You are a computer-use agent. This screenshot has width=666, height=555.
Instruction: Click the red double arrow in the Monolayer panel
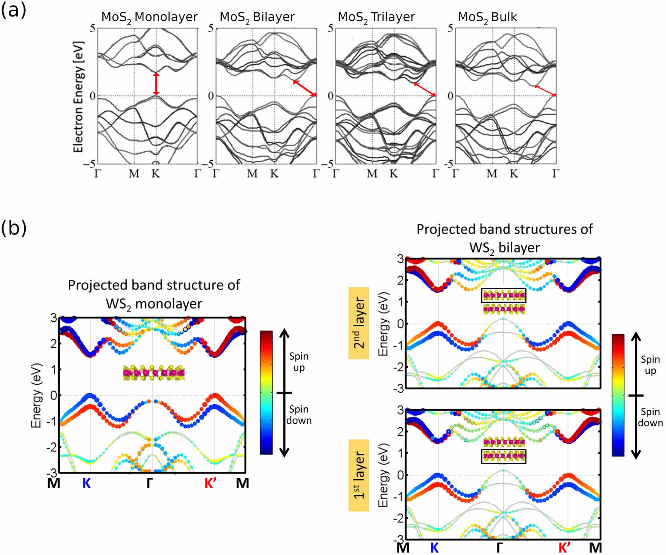pyautogui.click(x=156, y=84)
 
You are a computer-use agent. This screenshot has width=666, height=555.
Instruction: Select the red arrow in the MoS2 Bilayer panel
pyautogui.click(x=305, y=88)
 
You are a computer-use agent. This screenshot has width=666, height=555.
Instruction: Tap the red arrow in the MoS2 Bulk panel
pyautogui.click(x=545, y=90)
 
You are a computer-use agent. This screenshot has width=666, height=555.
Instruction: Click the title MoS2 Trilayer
pyautogui.click(x=376, y=17)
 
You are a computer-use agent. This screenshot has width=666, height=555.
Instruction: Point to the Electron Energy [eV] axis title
pyautogui.click(x=78, y=97)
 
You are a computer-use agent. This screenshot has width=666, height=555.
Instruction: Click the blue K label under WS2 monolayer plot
pyautogui.click(x=87, y=483)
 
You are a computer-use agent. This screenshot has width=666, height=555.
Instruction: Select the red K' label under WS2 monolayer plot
pyautogui.click(x=211, y=483)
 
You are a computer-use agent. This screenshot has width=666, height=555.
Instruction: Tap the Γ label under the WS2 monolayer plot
pyautogui.click(x=150, y=483)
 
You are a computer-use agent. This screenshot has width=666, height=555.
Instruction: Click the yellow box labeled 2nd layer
pyautogui.click(x=358, y=323)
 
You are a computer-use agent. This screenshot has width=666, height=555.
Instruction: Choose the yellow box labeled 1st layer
pyautogui.click(x=358, y=475)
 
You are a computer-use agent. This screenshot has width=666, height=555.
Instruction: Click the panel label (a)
pyautogui.click(x=14, y=11)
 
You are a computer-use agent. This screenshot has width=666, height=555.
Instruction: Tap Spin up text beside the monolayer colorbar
pyautogui.click(x=299, y=362)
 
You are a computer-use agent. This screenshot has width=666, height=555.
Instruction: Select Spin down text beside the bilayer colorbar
pyautogui.click(x=650, y=418)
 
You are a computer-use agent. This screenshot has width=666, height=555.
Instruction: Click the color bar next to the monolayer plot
pyautogui.click(x=266, y=392)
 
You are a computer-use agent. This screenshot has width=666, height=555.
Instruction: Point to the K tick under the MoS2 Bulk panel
pyautogui.click(x=513, y=173)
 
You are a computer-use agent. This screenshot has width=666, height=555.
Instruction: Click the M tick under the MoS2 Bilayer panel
pyautogui.click(x=252, y=173)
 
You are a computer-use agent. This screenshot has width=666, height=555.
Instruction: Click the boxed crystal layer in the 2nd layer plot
pyautogui.click(x=504, y=296)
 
